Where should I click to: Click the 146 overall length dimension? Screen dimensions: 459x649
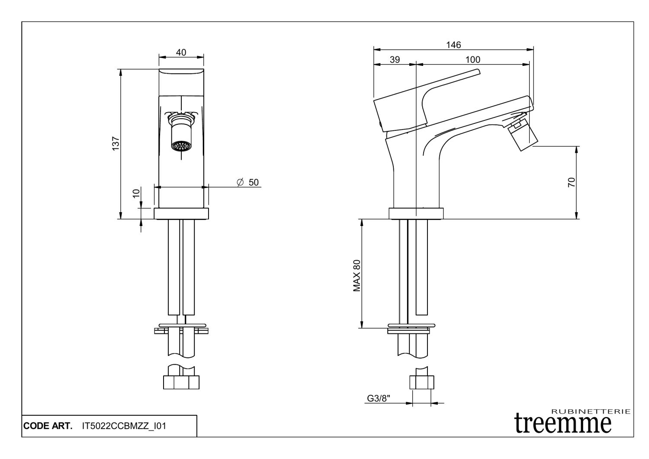click(x=453, y=45)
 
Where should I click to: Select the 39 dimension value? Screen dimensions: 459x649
click(x=395, y=60)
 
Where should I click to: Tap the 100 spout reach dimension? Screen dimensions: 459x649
click(x=472, y=60)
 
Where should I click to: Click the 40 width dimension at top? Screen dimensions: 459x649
click(x=181, y=52)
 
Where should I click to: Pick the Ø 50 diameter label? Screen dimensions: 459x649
click(x=248, y=182)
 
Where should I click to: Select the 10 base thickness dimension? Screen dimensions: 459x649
click(x=136, y=193)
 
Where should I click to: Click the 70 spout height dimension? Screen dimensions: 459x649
click(x=571, y=182)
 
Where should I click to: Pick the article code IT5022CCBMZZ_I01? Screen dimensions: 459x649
click(x=124, y=426)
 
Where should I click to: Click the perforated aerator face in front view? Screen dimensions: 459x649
click(x=181, y=146)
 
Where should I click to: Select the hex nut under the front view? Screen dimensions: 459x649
click(x=181, y=382)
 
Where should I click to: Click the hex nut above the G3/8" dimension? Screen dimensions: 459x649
click(x=421, y=382)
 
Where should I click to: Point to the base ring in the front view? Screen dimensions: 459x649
click(x=181, y=213)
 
